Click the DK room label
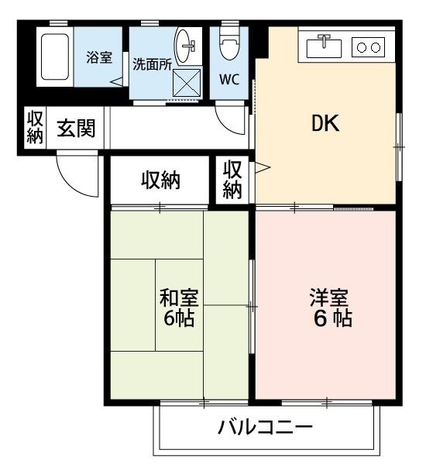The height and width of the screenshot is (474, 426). click(x=325, y=124)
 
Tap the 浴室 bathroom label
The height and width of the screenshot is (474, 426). click(x=98, y=57)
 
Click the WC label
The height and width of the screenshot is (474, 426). click(x=228, y=79)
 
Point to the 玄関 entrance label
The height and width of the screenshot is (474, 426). click(x=75, y=128)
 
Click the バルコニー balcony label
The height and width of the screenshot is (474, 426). click(x=264, y=428)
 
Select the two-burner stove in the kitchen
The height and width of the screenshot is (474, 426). click(x=368, y=47)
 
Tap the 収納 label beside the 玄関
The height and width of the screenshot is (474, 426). click(x=34, y=128)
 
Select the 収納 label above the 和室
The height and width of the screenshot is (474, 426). click(x=160, y=180)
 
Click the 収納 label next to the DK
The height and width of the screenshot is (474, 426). click(x=232, y=179)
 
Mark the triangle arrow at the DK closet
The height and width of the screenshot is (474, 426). click(x=262, y=167)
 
